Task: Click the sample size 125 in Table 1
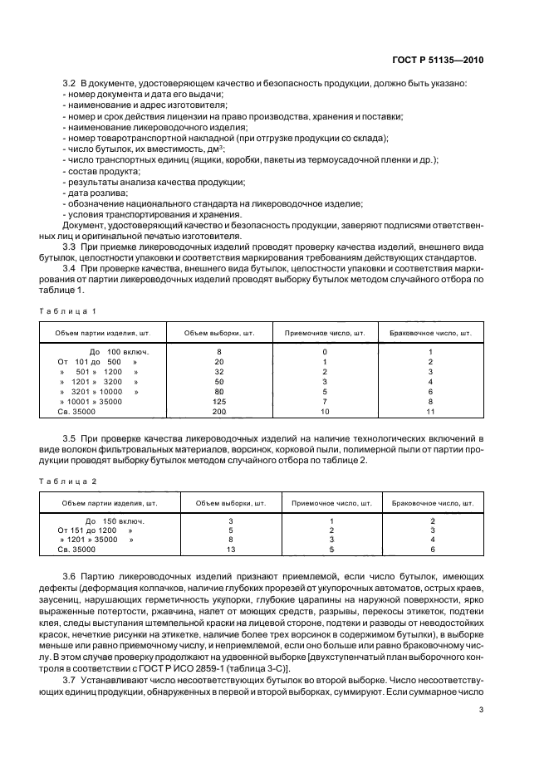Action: click(x=219, y=401)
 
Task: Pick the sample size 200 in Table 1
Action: click(x=219, y=411)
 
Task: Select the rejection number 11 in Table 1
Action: click(x=430, y=411)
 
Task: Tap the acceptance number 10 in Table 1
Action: click(x=325, y=411)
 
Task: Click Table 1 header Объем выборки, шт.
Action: click(x=219, y=334)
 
